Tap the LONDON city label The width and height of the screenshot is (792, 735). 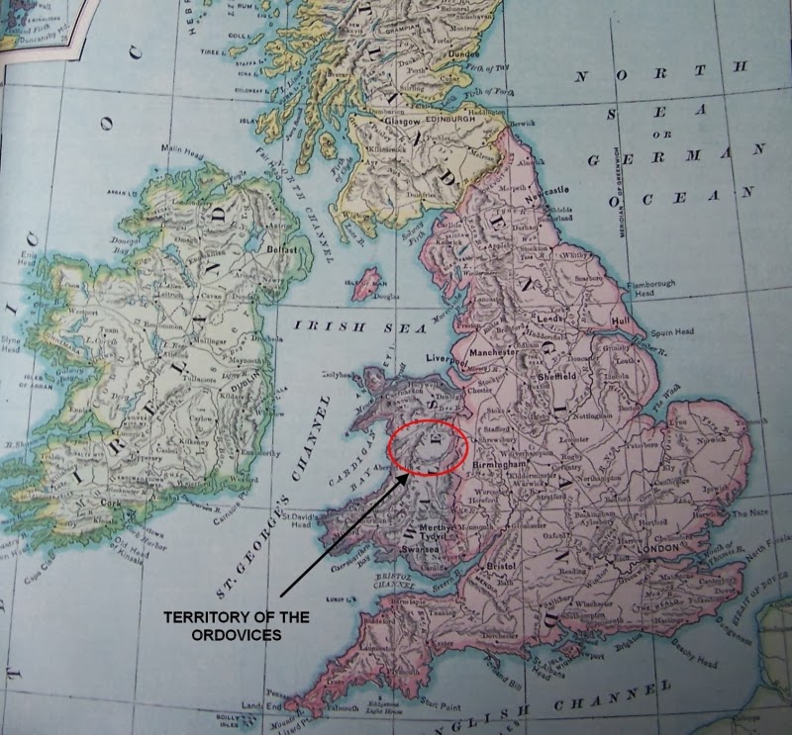pyautogui.click(x=658, y=547)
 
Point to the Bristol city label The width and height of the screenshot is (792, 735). pyautogui.click(x=505, y=565)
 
